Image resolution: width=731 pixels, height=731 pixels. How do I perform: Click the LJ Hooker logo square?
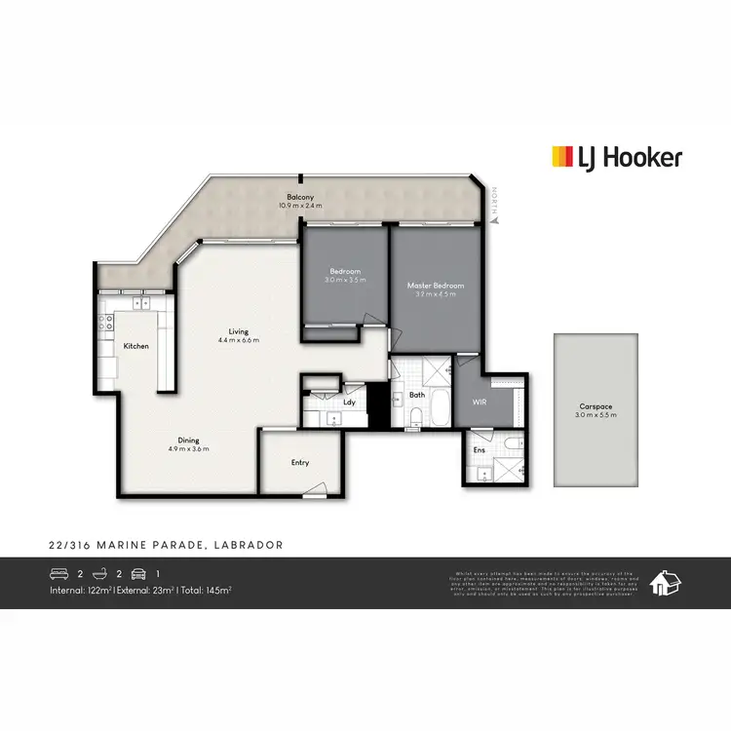[x=562, y=157]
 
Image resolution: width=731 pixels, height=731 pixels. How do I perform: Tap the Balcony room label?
[x=300, y=196]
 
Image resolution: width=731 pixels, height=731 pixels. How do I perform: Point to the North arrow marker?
[x=494, y=221]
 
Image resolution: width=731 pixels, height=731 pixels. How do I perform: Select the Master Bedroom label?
[x=435, y=286]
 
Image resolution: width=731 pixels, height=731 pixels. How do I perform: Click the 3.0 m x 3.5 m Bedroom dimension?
[x=345, y=280]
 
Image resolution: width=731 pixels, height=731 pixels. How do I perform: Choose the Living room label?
[x=238, y=330]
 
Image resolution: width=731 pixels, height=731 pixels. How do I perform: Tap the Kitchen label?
[x=135, y=346]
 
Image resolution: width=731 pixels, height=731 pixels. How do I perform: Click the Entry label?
[x=300, y=463]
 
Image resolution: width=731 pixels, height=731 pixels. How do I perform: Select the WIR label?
[x=479, y=402]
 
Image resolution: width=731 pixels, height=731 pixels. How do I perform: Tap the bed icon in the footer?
[x=59, y=573]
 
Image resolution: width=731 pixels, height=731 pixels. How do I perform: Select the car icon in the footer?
[x=137, y=573]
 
